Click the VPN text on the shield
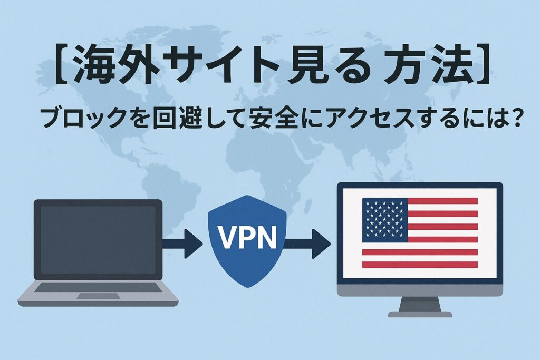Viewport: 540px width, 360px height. point(247,238)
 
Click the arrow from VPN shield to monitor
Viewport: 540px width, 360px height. point(308,243)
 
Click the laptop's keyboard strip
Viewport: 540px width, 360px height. point(98,288)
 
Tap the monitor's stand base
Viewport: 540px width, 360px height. point(420,314)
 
